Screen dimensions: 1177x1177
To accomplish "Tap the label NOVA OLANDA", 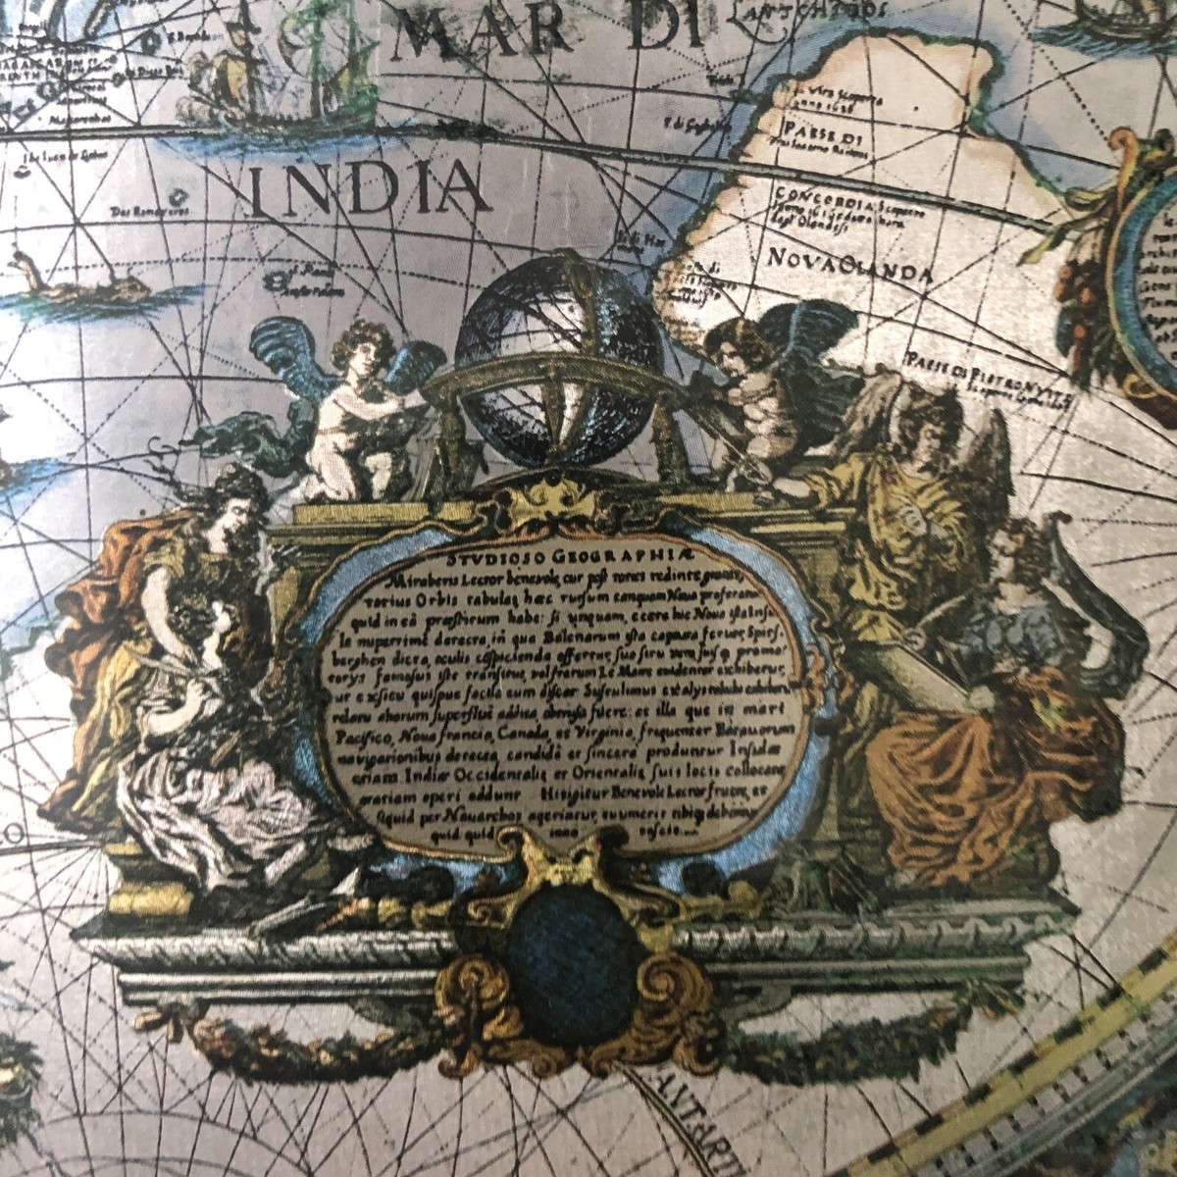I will [x=847, y=264].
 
